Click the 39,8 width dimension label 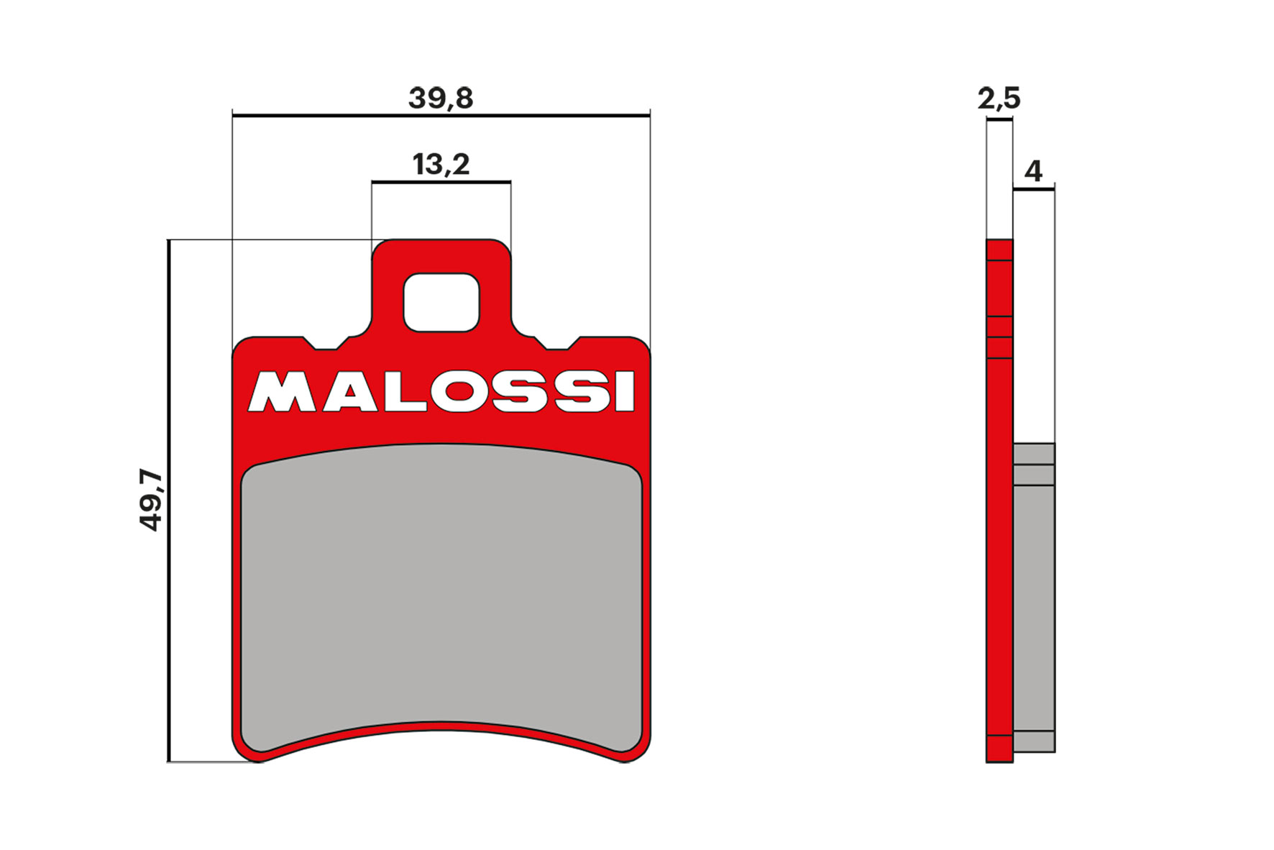coord(440,99)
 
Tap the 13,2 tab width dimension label coord(441,165)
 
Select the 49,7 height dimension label coord(151,499)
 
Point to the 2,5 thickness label coord(999,99)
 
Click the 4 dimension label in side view coord(1033,171)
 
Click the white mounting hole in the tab coord(441,302)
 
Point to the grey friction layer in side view coord(1034,604)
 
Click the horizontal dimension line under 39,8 coord(441,115)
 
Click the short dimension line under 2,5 coord(999,120)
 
